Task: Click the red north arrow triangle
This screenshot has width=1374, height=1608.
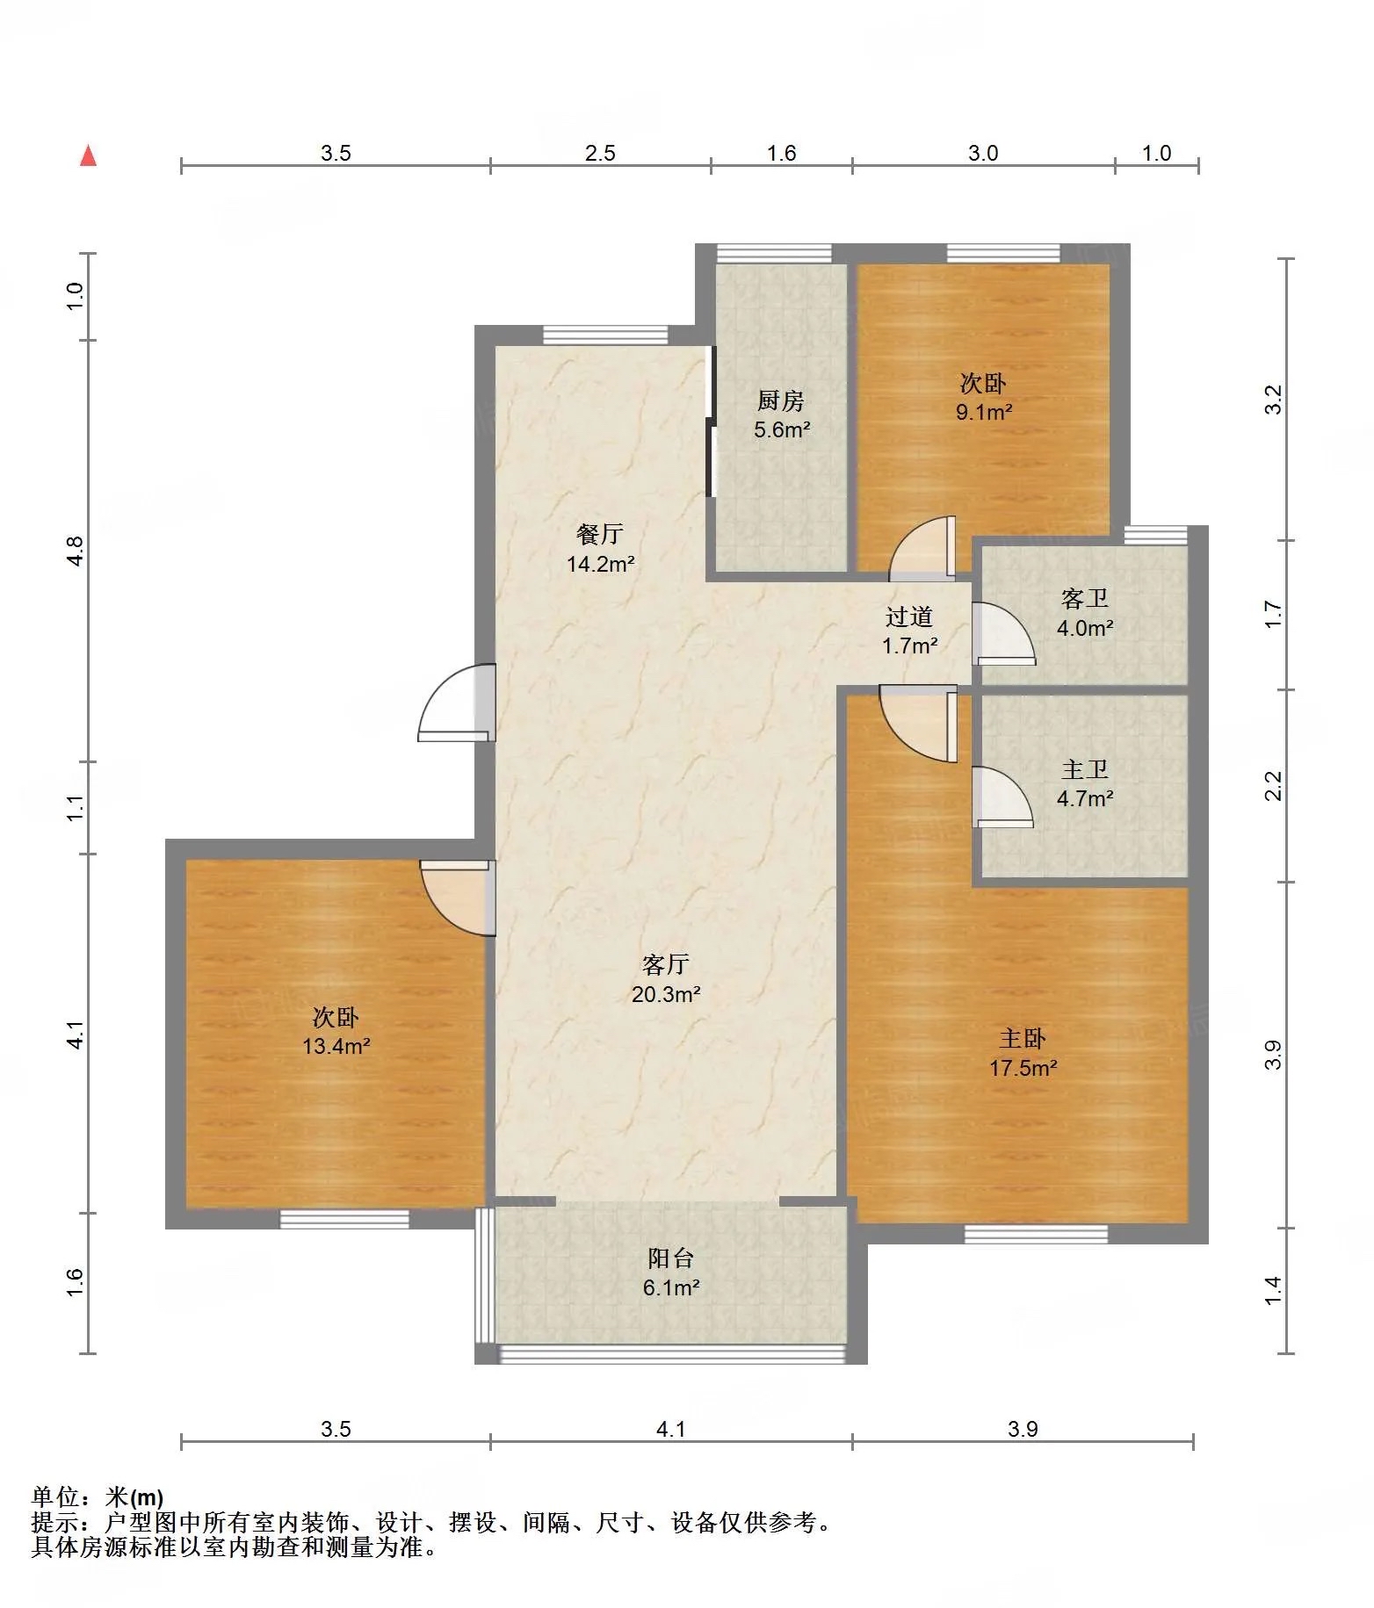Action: tap(88, 155)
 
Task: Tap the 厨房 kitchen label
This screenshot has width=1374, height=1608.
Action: tap(781, 400)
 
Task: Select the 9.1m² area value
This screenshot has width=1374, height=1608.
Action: tap(984, 412)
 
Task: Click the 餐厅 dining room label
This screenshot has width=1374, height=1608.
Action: tap(600, 533)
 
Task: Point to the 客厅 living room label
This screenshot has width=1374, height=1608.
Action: tap(666, 964)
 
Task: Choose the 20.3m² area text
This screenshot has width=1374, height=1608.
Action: tap(666, 994)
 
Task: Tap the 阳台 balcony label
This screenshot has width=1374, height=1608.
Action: tap(671, 1258)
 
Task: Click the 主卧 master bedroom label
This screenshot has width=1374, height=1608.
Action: tap(1023, 1038)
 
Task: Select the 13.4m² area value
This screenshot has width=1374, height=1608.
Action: tap(336, 1046)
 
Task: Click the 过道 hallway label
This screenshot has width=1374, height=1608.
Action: tap(909, 617)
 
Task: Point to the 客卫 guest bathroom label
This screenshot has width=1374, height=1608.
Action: tap(1085, 598)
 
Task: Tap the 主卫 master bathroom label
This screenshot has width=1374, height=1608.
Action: tap(1085, 769)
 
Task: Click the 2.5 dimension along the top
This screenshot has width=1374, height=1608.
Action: tap(600, 153)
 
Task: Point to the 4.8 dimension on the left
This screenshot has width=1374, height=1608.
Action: tap(75, 551)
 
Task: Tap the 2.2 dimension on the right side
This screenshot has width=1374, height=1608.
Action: tap(1273, 785)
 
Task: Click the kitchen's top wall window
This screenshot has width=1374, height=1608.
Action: tap(774, 254)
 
